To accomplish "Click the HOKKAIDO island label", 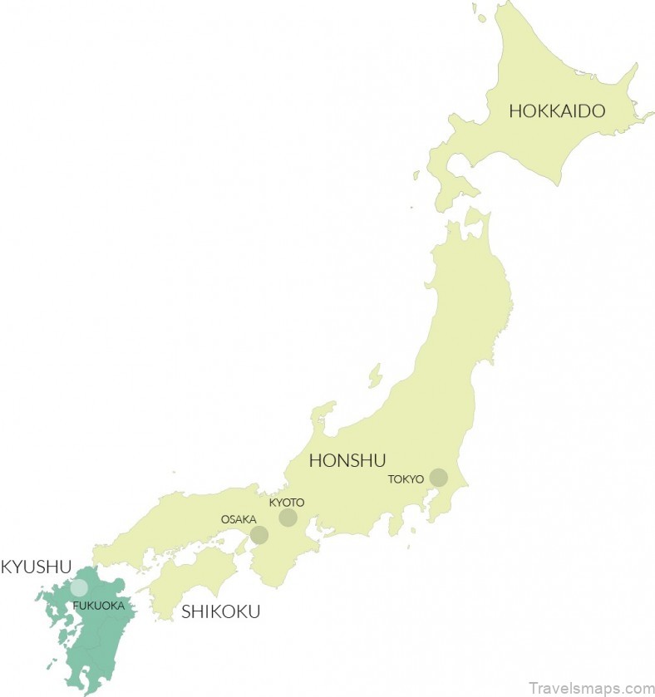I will pyautogui.click(x=557, y=110).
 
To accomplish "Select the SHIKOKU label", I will pyautogui.click(x=220, y=612).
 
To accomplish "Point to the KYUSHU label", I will pyautogui.click(x=37, y=567).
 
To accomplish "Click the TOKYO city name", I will pyautogui.click(x=406, y=479).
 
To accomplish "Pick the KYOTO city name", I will pyautogui.click(x=287, y=503).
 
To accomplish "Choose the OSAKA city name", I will pyautogui.click(x=238, y=519).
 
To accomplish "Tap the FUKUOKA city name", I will pyautogui.click(x=98, y=606).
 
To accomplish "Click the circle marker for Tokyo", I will pyautogui.click(x=438, y=478).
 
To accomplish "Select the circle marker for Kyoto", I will pyautogui.click(x=288, y=518).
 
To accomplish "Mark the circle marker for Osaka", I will pyautogui.click(x=259, y=535).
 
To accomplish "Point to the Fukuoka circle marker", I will pyautogui.click(x=79, y=587).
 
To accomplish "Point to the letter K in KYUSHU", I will pyautogui.click(x=7, y=567).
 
